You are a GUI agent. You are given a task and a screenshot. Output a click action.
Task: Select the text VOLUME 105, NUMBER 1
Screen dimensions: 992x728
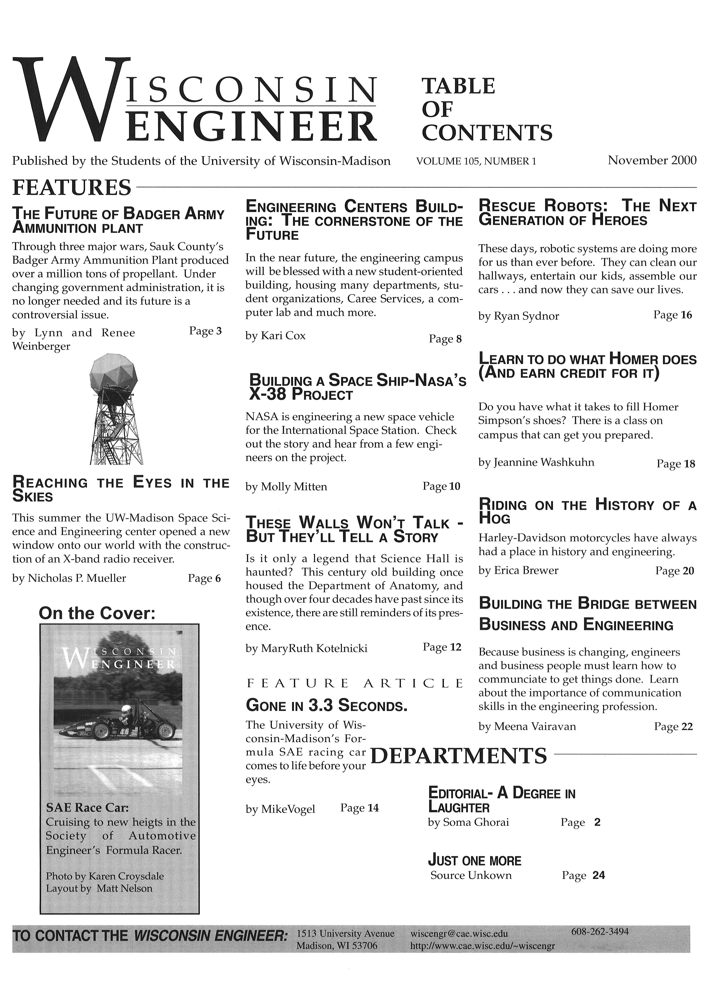point(476,161)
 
